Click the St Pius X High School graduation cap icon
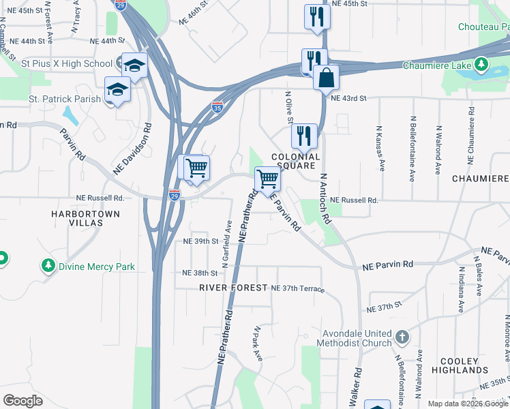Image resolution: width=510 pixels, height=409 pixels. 134,65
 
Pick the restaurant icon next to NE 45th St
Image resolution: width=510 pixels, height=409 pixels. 316,16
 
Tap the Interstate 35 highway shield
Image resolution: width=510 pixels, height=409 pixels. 217,107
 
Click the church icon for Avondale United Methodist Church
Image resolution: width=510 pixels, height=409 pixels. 402,337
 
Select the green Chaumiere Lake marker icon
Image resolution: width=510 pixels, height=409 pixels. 483,65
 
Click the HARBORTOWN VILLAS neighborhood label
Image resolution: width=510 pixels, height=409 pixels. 85,218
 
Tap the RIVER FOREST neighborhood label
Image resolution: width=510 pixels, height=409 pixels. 233,288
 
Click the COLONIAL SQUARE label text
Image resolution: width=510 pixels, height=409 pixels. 296,161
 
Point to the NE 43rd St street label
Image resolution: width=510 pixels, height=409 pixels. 348,98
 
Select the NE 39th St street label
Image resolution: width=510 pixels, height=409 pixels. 200,241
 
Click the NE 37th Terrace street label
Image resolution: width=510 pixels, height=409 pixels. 297,289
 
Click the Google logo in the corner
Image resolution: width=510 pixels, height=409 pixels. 22,401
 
